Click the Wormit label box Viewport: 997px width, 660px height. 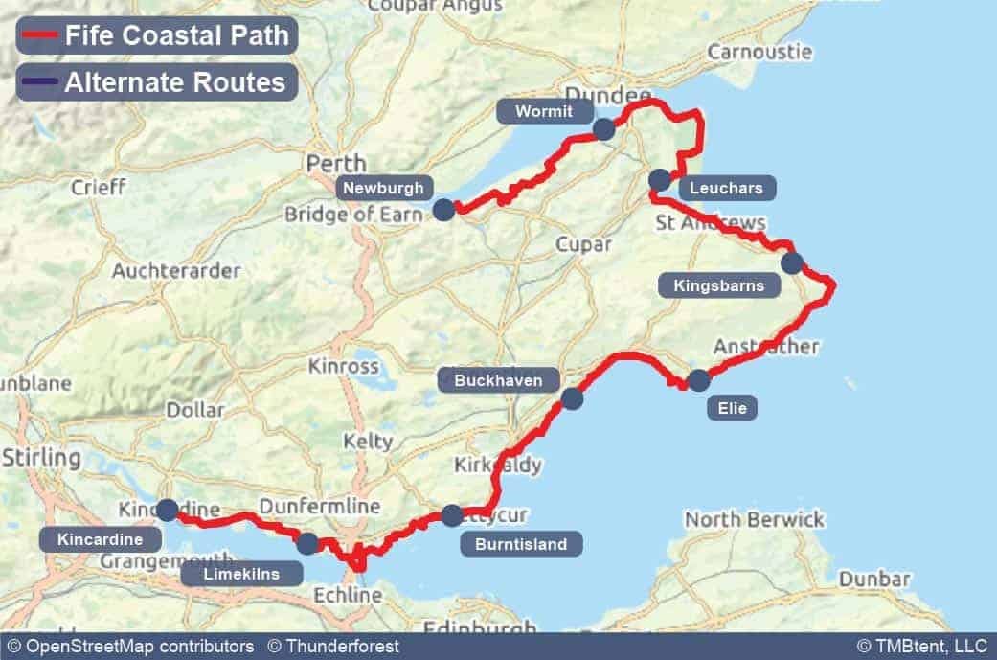pyautogui.click(x=543, y=111)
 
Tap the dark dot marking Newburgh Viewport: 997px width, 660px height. pyautogui.click(x=443, y=210)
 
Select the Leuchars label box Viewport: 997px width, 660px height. pyautogui.click(x=727, y=188)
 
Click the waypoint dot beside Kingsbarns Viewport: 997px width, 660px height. pyautogui.click(x=791, y=262)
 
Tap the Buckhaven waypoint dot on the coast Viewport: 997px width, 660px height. pyautogui.click(x=572, y=398)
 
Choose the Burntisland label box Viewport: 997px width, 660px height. pyautogui.click(x=520, y=545)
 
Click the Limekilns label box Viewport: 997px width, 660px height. pyautogui.click(x=242, y=574)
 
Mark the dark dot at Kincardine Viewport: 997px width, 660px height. pyautogui.click(x=168, y=510)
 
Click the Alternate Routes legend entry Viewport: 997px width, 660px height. pyautogui.click(x=157, y=82)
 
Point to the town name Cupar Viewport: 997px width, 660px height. pyautogui.click(x=583, y=244)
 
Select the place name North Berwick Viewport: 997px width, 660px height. pyautogui.click(x=754, y=519)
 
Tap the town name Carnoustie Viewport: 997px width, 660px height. pyautogui.click(x=759, y=51)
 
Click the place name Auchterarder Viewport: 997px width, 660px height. pyautogui.click(x=176, y=271)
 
